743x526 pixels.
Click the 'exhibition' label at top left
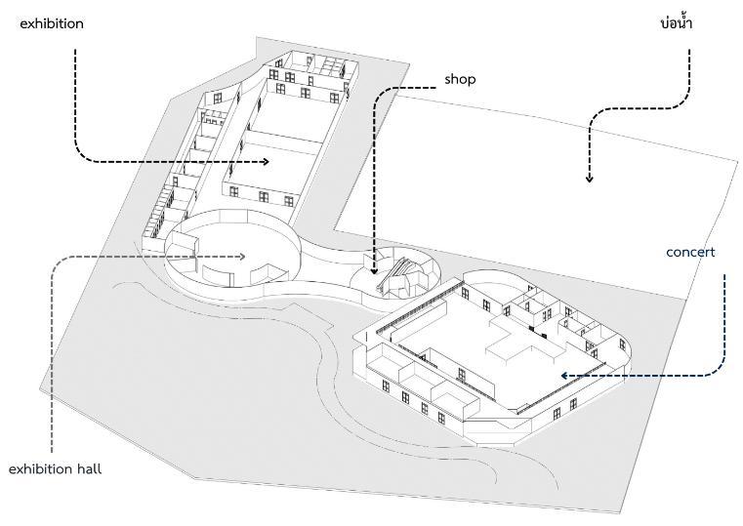(52, 23)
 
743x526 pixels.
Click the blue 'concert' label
(690, 252)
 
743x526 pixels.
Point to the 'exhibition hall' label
(55, 469)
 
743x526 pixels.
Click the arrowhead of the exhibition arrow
(265, 161)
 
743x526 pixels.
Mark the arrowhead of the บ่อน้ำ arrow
(589, 179)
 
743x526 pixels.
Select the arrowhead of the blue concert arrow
(564, 374)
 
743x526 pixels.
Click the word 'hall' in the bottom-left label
(88, 469)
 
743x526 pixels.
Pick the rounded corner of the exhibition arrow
(83, 154)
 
